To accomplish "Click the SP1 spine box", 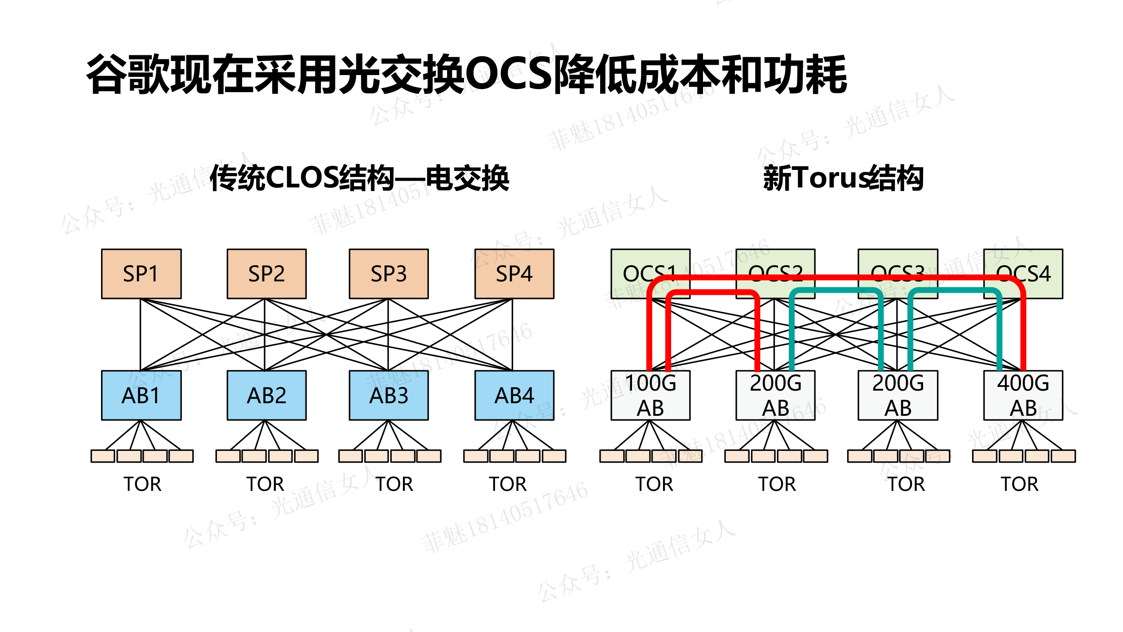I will pos(141,274).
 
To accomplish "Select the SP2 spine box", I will pos(266,274).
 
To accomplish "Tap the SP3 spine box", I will pos(389,274).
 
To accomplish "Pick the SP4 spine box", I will pos(514,274).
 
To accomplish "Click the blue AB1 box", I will pos(141,395).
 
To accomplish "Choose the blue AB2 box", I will pos(266,395).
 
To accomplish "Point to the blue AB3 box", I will pos(389,395).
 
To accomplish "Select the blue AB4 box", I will pos(514,395).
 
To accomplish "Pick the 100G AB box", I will pos(650,396).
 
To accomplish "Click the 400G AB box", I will pos(1023,396).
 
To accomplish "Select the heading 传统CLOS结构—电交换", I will pos(359,178).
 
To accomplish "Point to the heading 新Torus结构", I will pos(843,178).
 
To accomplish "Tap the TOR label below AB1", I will pos(142,484).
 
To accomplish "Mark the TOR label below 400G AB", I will pos(1020,484).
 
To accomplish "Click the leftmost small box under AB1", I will pos(103,456).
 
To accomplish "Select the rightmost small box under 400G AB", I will pos(1063,456).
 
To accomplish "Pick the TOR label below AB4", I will pos(508,484).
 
